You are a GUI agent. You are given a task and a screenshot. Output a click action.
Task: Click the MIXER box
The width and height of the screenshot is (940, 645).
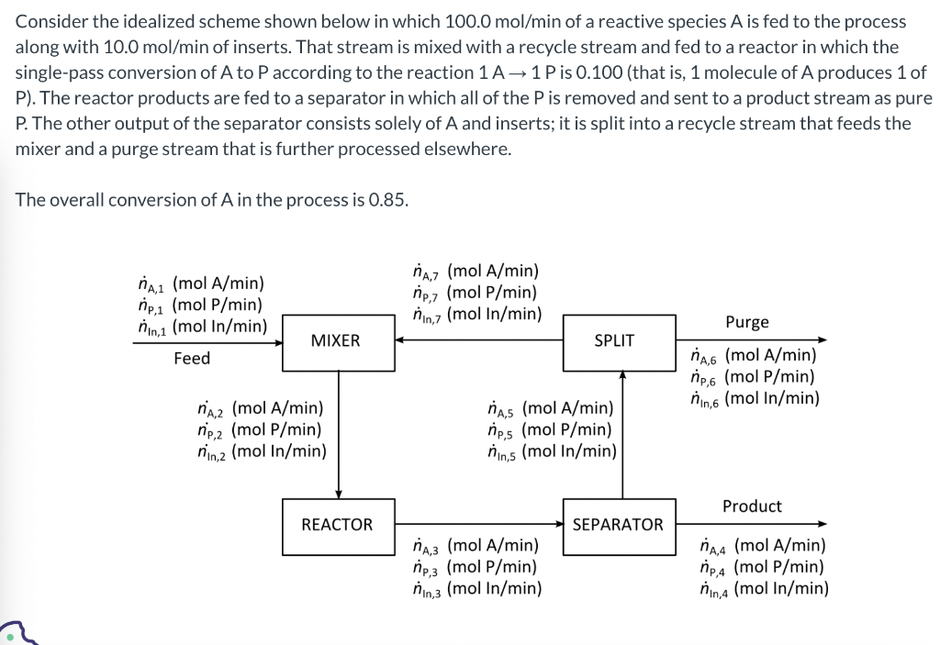336,340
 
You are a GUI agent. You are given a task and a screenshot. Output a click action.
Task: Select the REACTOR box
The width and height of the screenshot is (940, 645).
338,525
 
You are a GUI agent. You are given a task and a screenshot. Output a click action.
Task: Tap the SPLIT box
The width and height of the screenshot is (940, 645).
614,340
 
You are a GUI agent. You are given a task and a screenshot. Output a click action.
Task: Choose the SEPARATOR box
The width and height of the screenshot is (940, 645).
618,525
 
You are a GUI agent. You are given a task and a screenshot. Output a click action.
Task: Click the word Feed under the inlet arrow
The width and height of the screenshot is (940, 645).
192,358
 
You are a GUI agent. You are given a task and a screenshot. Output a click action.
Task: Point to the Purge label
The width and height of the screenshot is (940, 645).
747,322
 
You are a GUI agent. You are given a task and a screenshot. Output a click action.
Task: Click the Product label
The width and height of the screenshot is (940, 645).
752,506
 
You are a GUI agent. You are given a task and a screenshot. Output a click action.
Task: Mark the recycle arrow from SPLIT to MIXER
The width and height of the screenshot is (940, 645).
478,340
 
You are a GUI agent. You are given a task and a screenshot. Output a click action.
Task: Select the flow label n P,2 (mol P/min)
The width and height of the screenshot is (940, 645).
260,428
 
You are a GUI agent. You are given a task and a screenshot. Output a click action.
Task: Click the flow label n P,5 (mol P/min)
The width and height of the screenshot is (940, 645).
550,428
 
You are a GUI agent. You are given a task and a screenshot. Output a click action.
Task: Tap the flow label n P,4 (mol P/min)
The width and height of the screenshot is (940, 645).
761,567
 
